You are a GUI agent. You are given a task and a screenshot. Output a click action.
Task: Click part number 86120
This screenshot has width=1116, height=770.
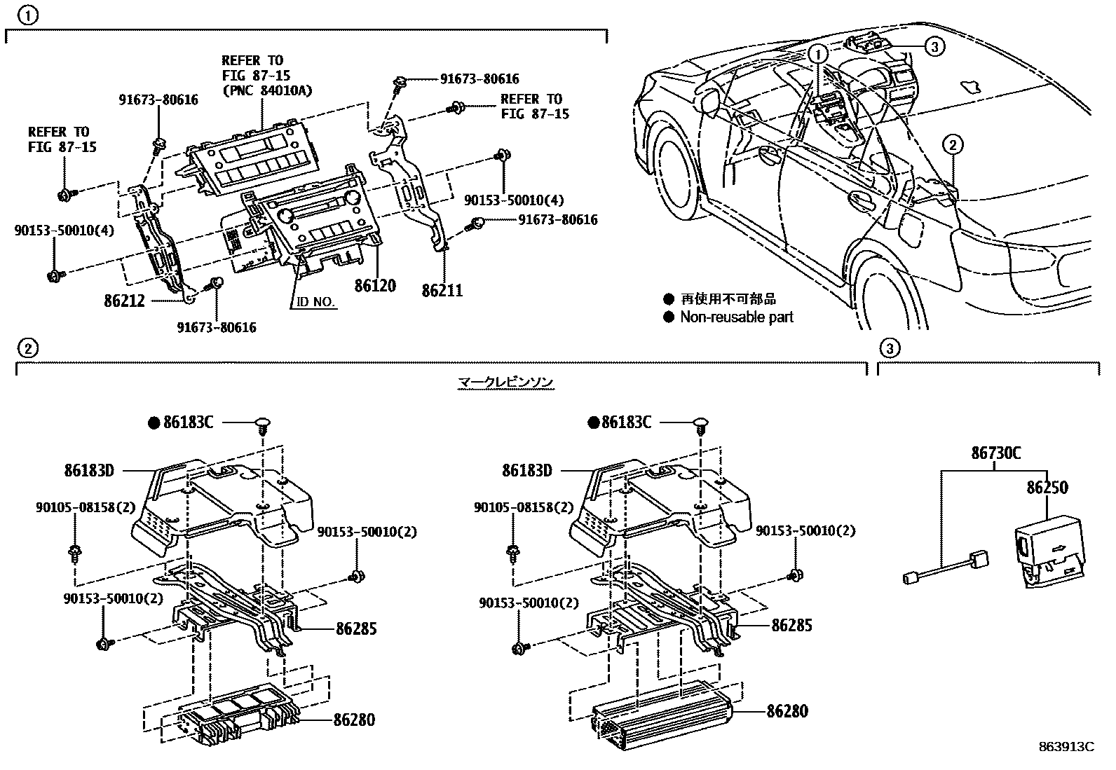click(x=375, y=286)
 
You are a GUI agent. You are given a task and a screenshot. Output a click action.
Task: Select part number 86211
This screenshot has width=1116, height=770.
click(x=442, y=289)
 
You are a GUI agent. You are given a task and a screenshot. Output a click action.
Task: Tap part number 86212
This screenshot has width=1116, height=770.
click(x=124, y=301)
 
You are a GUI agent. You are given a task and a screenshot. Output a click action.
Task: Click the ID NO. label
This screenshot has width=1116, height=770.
click(x=313, y=302)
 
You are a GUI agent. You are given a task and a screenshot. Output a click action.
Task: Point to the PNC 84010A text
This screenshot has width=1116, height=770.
click(x=266, y=90)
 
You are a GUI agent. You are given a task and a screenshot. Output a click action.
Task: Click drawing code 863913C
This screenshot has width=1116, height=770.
click(x=1067, y=747)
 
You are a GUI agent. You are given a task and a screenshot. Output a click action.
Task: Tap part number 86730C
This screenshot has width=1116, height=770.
click(x=995, y=453)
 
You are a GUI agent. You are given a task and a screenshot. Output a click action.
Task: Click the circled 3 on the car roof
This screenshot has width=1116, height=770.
click(x=934, y=46)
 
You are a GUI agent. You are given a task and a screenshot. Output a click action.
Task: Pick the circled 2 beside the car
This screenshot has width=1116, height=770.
click(x=953, y=145)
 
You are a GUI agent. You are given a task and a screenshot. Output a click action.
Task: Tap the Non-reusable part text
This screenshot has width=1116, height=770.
click(x=736, y=317)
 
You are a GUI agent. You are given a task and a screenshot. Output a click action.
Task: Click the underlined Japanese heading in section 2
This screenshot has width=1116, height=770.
click(x=505, y=382)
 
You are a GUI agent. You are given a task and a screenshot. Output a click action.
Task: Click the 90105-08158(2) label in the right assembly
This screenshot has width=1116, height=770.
click(x=523, y=507)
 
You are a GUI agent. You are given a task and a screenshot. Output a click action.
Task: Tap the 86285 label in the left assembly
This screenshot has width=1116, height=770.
click(x=356, y=628)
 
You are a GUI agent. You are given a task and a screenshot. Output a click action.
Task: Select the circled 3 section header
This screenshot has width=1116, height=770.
click(x=888, y=348)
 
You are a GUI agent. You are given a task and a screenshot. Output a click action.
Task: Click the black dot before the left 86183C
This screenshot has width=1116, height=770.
click(x=154, y=422)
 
